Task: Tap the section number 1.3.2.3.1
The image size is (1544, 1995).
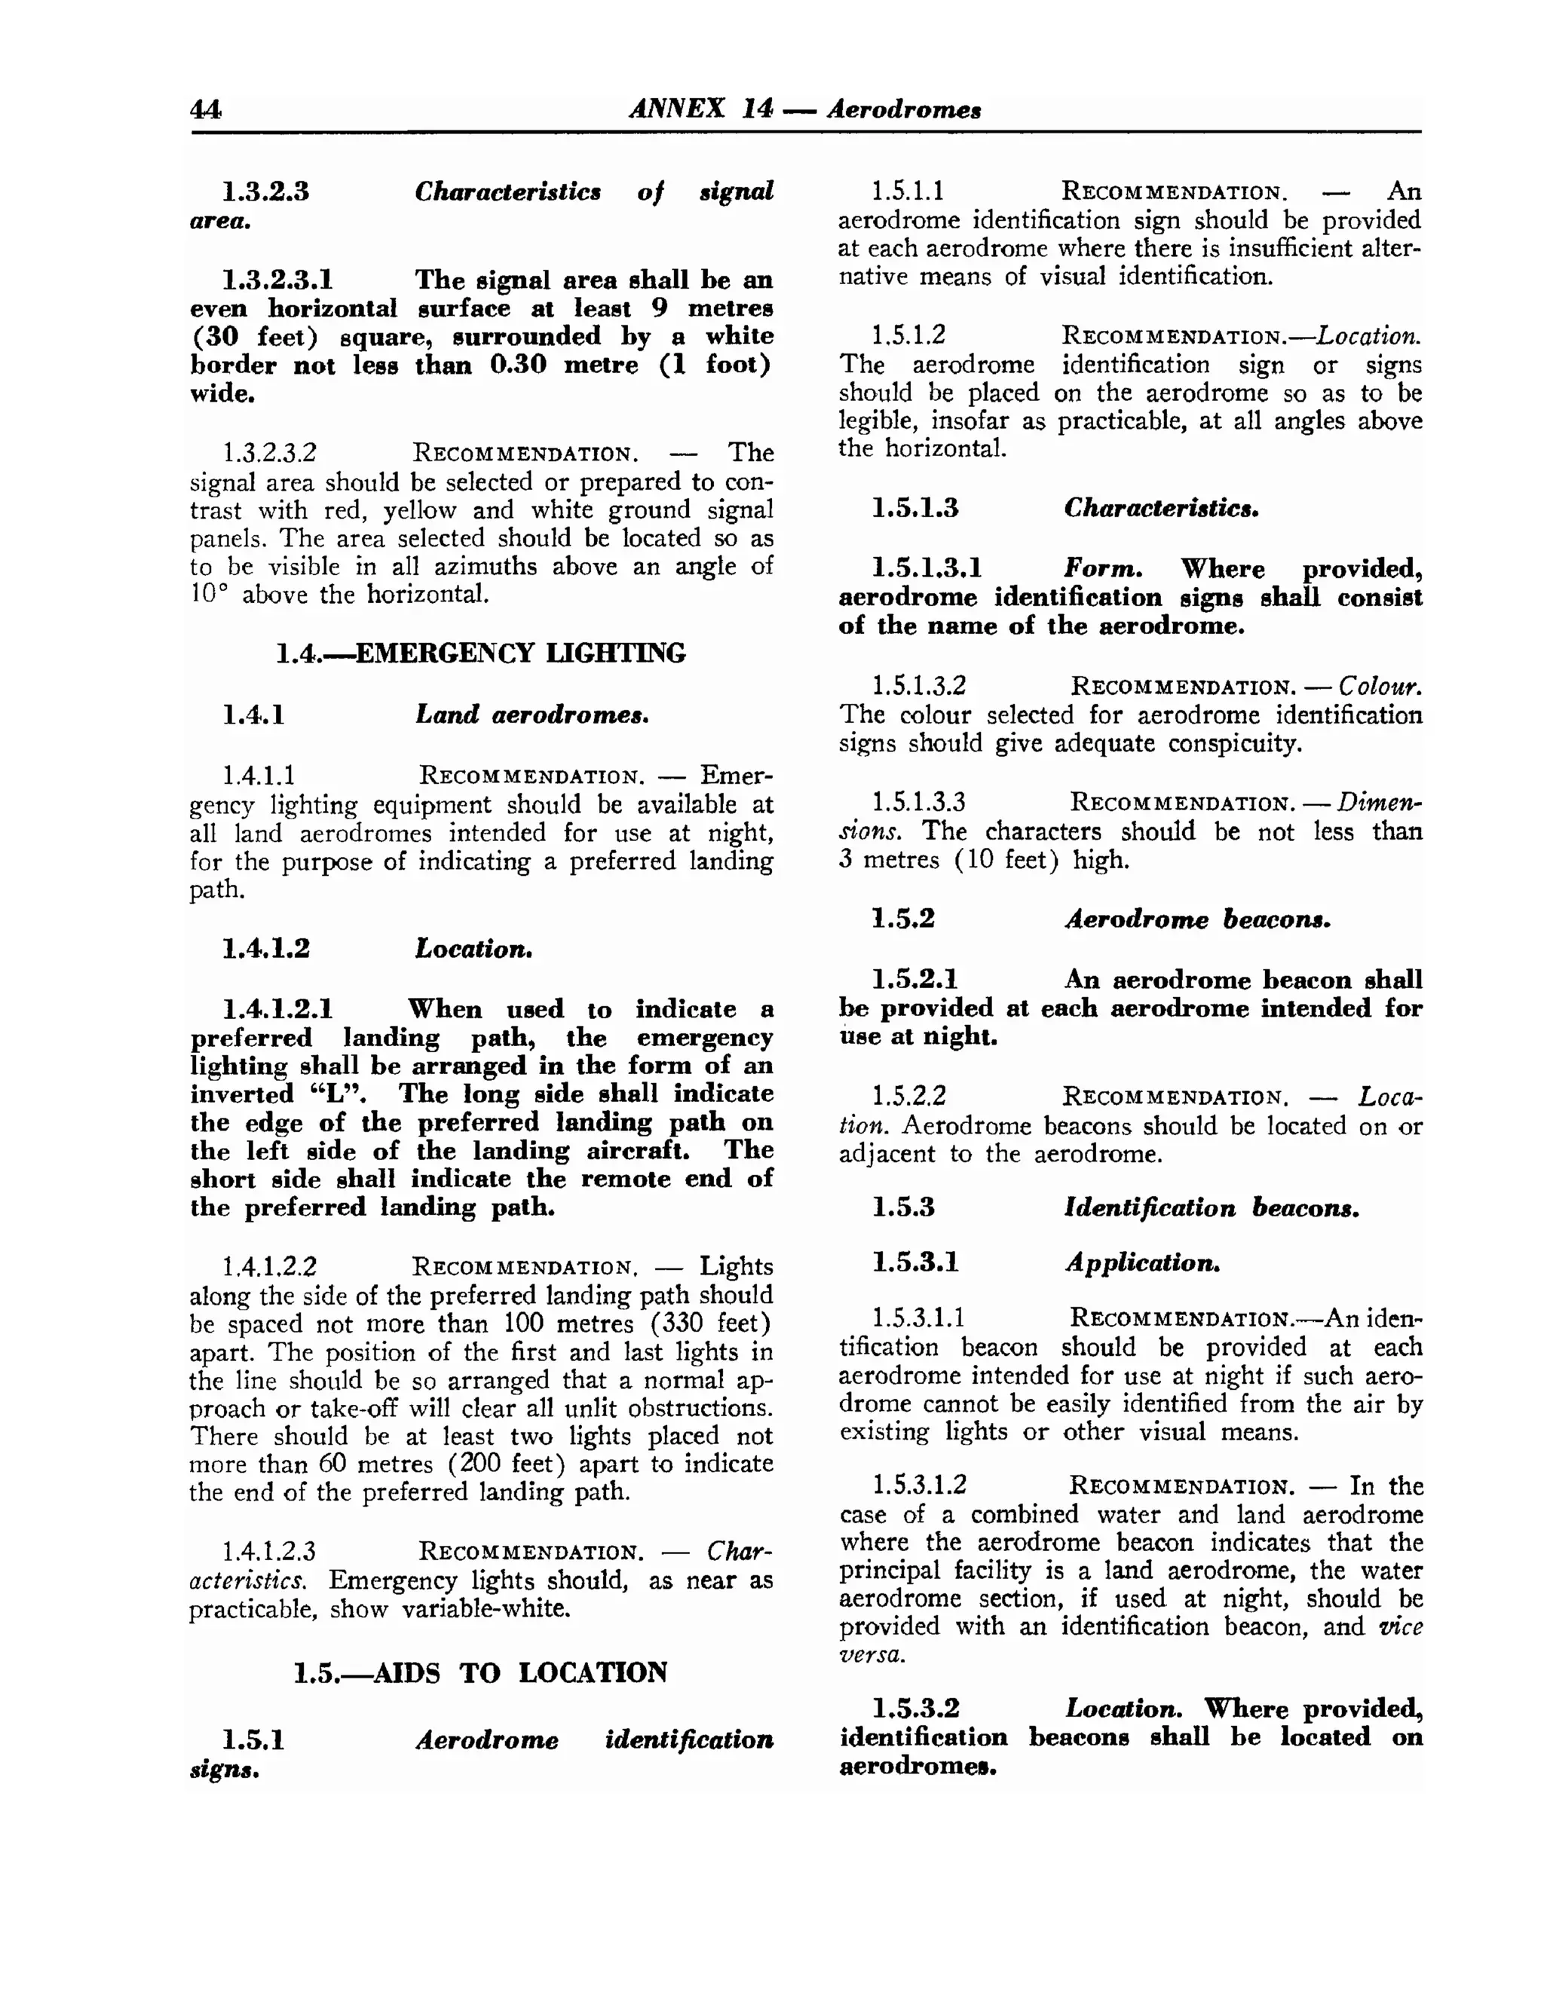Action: [x=277, y=280]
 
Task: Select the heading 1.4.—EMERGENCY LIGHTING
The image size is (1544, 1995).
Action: [x=480, y=653]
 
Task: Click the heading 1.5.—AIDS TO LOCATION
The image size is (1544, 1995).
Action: [x=480, y=1672]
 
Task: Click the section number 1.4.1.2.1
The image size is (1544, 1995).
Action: [x=277, y=1009]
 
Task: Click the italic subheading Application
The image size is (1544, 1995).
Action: [x=1142, y=1263]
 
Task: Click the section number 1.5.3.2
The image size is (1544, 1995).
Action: [x=915, y=1709]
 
